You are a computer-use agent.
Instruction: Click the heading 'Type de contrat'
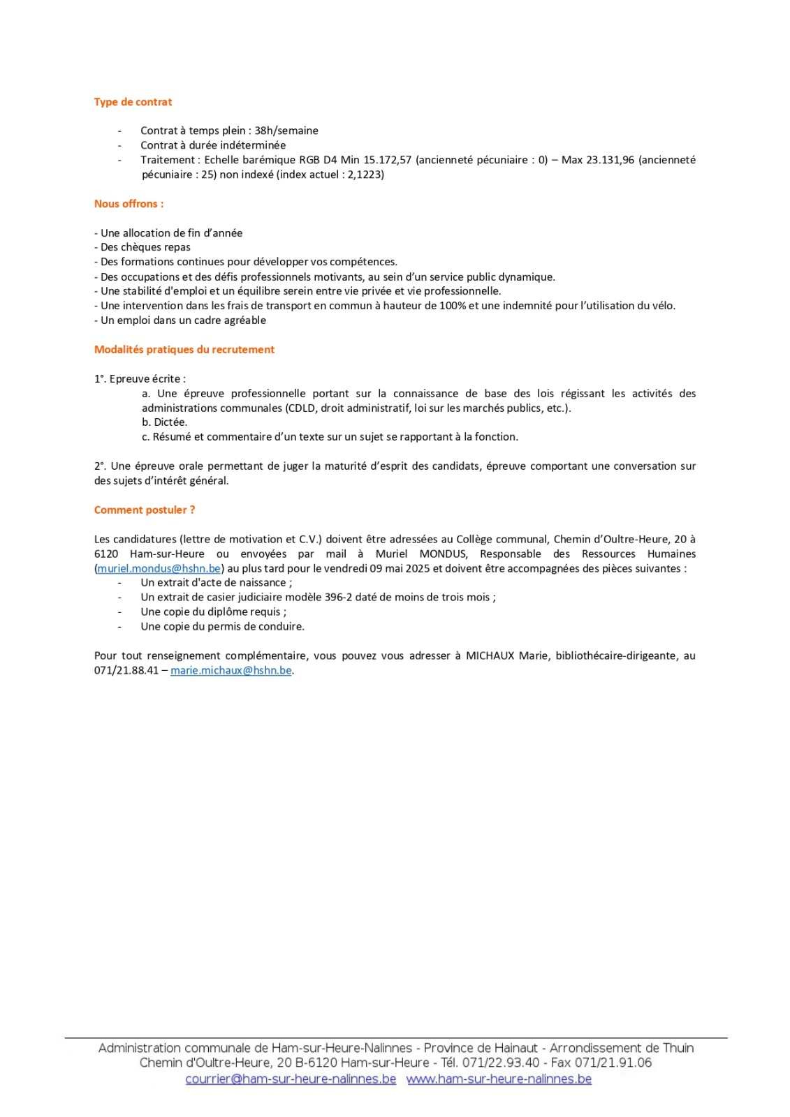tap(133, 102)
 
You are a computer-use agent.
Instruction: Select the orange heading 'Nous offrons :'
tap(129, 204)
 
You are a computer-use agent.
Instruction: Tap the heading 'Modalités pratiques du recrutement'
tap(184, 350)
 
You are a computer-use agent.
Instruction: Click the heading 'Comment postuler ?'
tap(145, 510)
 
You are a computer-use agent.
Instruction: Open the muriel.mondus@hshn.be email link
tap(159, 569)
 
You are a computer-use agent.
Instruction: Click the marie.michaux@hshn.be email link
tap(231, 671)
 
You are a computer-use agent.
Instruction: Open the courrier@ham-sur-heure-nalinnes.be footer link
tap(291, 1079)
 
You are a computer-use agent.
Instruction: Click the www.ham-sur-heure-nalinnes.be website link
tap(499, 1079)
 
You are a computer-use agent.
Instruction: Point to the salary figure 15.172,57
tap(387, 160)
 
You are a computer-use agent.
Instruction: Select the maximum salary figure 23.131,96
tap(610, 160)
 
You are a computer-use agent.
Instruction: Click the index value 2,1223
tap(364, 175)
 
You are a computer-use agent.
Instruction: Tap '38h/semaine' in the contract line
tap(286, 131)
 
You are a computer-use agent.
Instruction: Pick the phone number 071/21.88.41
tap(126, 671)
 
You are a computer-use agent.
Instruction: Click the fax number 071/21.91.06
tap(613, 1063)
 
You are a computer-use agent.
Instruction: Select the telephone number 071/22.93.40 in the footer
tap(501, 1063)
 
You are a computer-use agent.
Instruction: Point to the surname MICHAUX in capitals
tap(490, 656)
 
